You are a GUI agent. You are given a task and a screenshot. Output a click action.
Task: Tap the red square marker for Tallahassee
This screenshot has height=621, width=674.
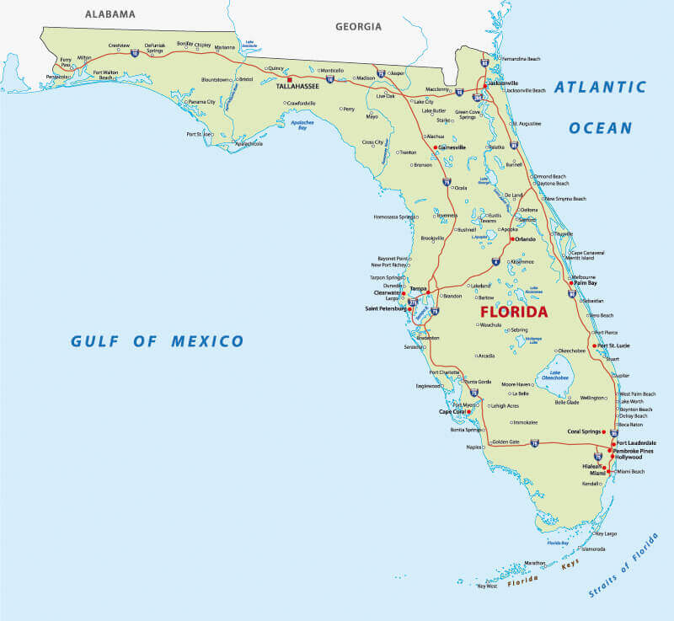click(289, 80)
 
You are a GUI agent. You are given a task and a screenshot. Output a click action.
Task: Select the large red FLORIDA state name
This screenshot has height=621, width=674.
click(514, 311)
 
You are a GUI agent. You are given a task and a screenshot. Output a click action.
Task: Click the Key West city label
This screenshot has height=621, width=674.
click(487, 586)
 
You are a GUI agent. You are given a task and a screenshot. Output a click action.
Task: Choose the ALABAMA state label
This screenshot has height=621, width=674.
click(110, 14)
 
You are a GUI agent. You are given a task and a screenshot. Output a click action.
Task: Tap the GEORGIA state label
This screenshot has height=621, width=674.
click(358, 26)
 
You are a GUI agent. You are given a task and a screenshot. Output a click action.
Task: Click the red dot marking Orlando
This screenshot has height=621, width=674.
click(512, 239)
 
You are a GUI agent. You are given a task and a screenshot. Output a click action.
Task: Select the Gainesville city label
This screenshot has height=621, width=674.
click(452, 147)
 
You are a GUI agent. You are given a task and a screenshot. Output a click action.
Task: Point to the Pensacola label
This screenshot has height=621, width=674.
click(58, 76)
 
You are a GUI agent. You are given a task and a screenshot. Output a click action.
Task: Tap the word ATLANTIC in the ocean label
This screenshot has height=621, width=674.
click(601, 87)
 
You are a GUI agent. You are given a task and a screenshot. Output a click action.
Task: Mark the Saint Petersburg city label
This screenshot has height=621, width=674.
click(386, 309)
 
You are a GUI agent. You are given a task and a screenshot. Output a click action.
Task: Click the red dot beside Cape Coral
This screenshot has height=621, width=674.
click(468, 412)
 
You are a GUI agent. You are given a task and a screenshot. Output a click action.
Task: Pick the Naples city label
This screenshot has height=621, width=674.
click(474, 447)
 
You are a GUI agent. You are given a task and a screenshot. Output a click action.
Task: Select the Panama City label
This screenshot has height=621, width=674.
click(202, 102)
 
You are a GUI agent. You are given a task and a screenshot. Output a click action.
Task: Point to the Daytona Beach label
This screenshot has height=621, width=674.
click(553, 183)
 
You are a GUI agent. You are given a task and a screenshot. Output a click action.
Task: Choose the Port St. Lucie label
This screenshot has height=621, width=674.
click(617, 345)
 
